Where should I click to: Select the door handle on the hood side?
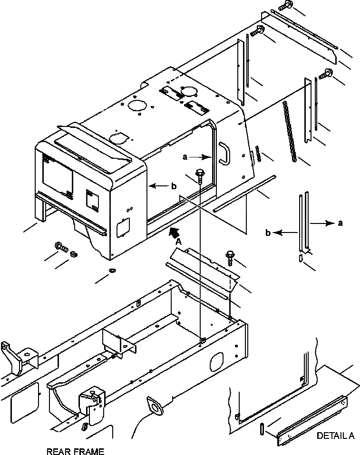223,155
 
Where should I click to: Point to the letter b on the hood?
174,186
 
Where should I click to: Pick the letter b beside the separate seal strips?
268,232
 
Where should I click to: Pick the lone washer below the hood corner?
112,271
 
